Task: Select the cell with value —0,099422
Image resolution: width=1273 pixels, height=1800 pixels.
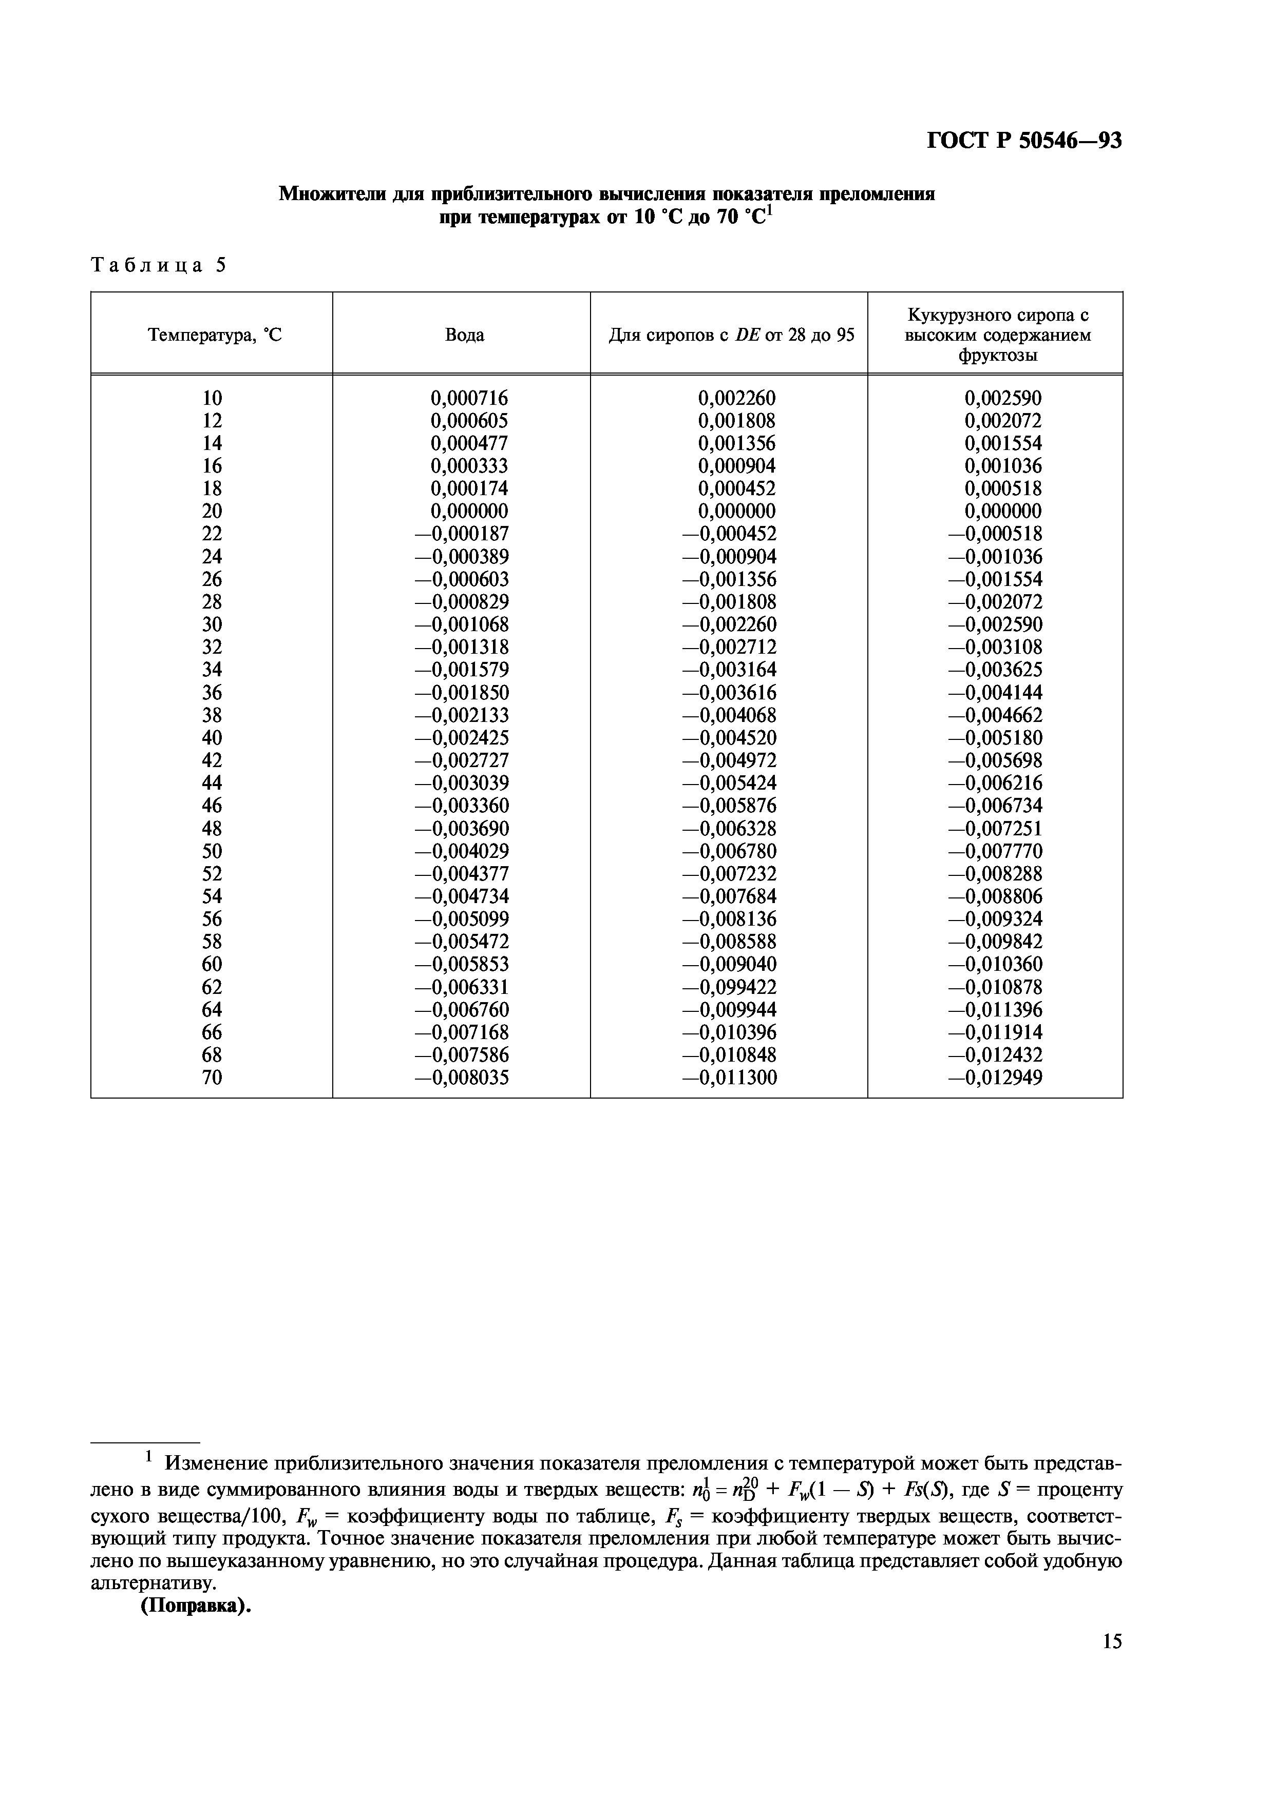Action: (729, 987)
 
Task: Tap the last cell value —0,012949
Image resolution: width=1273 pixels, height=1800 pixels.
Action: (995, 1078)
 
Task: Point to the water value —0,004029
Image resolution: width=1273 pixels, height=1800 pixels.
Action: (461, 851)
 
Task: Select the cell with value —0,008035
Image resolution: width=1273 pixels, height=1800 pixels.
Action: (461, 1078)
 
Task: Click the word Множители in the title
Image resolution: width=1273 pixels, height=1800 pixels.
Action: (330, 193)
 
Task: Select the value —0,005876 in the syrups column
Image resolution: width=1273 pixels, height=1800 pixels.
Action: (729, 806)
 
